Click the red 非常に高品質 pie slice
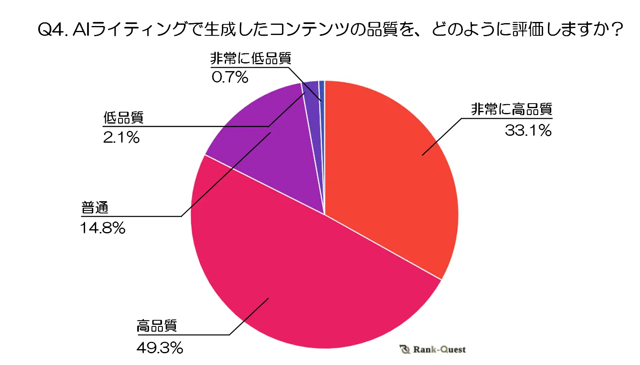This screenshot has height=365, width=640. (x=391, y=171)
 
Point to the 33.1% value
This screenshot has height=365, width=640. (x=528, y=130)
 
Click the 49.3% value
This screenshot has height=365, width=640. (x=160, y=348)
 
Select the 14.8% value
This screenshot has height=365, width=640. (x=103, y=228)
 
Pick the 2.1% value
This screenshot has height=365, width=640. (x=121, y=137)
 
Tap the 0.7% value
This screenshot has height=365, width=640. (x=230, y=77)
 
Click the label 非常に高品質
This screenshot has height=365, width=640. (x=511, y=109)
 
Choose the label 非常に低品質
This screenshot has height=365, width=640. (x=251, y=59)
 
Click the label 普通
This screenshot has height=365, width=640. (x=95, y=208)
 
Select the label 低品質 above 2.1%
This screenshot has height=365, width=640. (x=123, y=118)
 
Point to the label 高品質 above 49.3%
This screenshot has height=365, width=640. (x=157, y=326)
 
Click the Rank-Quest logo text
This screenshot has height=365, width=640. (x=439, y=350)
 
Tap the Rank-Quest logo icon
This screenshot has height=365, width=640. (x=405, y=350)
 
